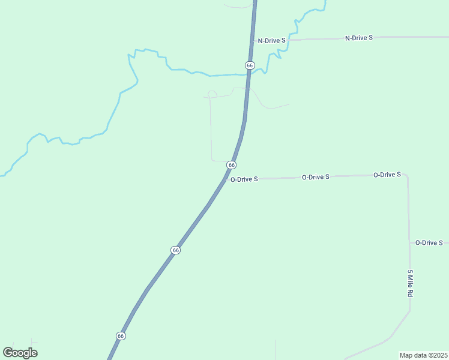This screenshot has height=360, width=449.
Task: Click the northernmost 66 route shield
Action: click(250, 65)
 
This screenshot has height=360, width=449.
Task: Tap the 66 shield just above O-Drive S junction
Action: click(231, 165)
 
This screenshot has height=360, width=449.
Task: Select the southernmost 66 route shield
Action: click(121, 336)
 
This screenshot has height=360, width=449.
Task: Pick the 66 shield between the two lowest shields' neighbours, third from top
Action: click(175, 250)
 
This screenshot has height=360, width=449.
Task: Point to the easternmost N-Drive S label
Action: click(359, 38)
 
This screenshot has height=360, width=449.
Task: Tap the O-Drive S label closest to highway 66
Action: click(244, 179)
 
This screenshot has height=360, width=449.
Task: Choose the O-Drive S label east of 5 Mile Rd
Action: click(429, 242)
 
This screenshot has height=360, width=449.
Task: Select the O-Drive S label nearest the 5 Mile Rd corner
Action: click(387, 175)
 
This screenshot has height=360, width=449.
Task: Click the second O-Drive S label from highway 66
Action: click(316, 177)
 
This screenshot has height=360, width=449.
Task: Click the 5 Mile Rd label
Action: click(410, 284)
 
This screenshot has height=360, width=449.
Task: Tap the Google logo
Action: click(20, 352)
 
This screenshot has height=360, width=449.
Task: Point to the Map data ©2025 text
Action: click(423, 355)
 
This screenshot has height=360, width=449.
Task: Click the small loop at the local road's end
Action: click(211, 94)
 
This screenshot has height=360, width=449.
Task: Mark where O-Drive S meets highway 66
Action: click(226, 179)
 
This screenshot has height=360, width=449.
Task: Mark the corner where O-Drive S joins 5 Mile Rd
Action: click(407, 176)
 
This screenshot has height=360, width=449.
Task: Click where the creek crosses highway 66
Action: click(247, 74)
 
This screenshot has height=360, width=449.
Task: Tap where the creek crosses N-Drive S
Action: click(289, 40)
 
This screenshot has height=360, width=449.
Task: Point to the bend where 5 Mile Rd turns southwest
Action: click(410, 311)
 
